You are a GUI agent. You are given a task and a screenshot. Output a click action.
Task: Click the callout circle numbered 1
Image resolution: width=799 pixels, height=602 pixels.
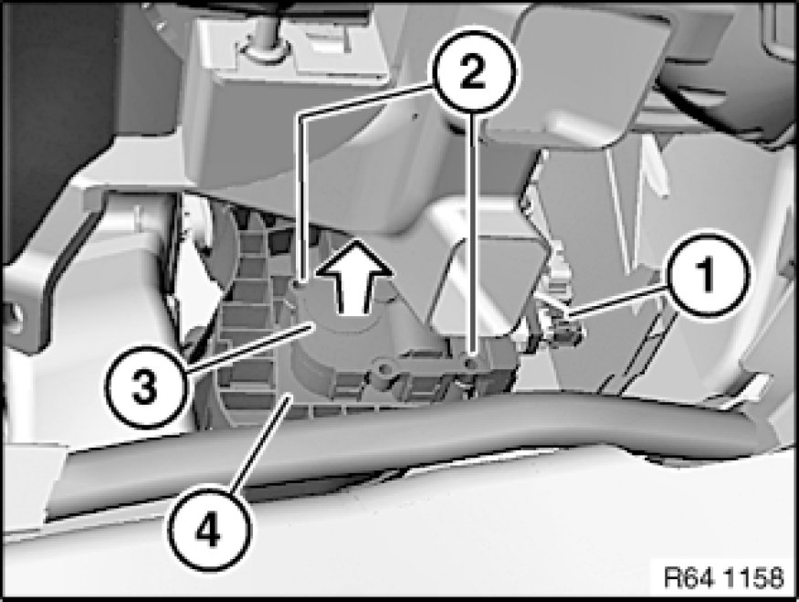[x=707, y=275]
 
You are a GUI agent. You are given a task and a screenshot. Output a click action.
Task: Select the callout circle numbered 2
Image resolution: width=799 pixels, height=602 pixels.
[x=474, y=71]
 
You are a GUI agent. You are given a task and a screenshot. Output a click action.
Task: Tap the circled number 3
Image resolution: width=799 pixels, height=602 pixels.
[x=145, y=387]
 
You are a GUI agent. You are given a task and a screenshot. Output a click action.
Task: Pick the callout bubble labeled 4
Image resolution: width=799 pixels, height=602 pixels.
[x=209, y=530]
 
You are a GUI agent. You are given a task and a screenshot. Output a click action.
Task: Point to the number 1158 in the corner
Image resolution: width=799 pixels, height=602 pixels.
[x=753, y=578]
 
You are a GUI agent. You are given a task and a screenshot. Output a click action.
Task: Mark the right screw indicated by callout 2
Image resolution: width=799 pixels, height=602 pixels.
[x=473, y=363]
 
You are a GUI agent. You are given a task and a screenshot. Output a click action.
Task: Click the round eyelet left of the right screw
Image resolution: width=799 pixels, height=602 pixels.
[x=384, y=368]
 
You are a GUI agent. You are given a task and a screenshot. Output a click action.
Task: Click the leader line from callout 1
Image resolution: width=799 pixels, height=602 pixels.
[x=616, y=301]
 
